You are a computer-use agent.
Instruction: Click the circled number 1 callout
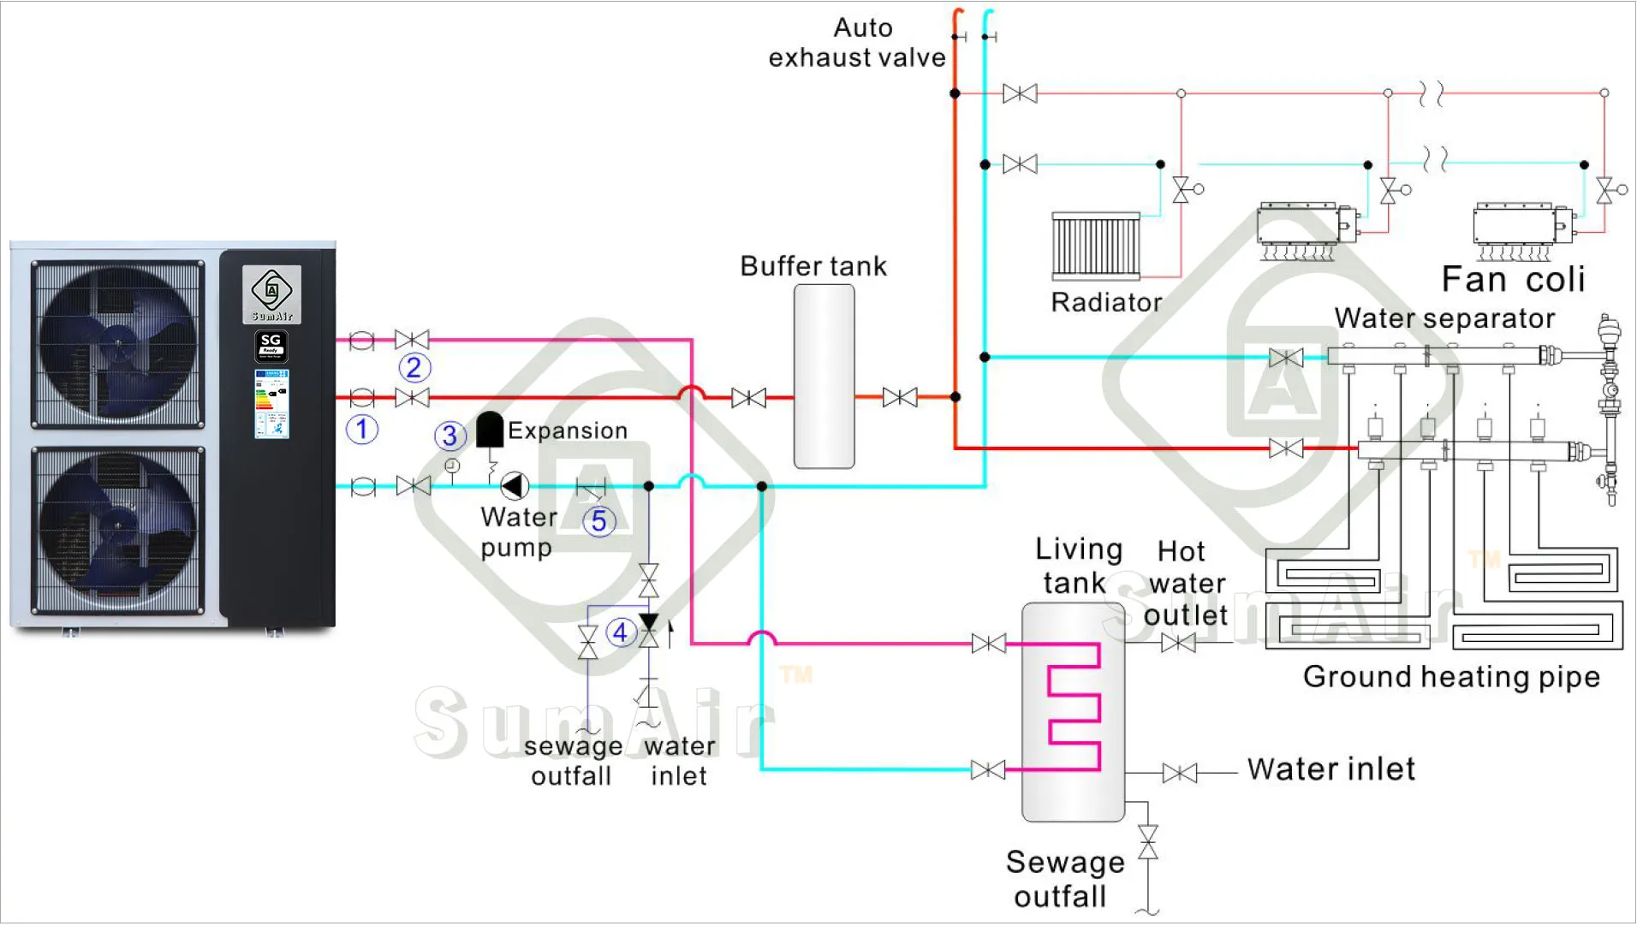tap(362, 429)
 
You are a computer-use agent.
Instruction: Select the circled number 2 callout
tap(414, 368)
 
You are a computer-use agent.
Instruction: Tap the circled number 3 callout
tap(450, 436)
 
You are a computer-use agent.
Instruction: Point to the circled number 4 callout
tap(621, 632)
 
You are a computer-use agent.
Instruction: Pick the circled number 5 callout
tap(599, 520)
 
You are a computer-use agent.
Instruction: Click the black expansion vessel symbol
tap(490, 429)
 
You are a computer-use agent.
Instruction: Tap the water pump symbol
tap(514, 486)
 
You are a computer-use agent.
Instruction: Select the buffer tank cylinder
tap(824, 377)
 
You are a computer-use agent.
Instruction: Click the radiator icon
tap(1096, 246)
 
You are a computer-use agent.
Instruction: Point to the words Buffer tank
tap(813, 266)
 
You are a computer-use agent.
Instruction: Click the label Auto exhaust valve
tap(857, 43)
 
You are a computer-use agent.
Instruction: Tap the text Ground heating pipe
tap(1451, 677)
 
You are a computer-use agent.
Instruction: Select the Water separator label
tap(1444, 318)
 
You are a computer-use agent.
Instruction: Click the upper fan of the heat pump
tap(118, 344)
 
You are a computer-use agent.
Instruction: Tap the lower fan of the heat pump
tap(118, 531)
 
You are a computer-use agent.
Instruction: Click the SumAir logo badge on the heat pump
tap(271, 294)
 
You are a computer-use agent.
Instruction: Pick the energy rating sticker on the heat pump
tap(271, 404)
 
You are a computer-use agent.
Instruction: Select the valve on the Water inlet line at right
tap(1180, 774)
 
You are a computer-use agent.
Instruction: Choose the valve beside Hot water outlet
tap(1178, 644)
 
